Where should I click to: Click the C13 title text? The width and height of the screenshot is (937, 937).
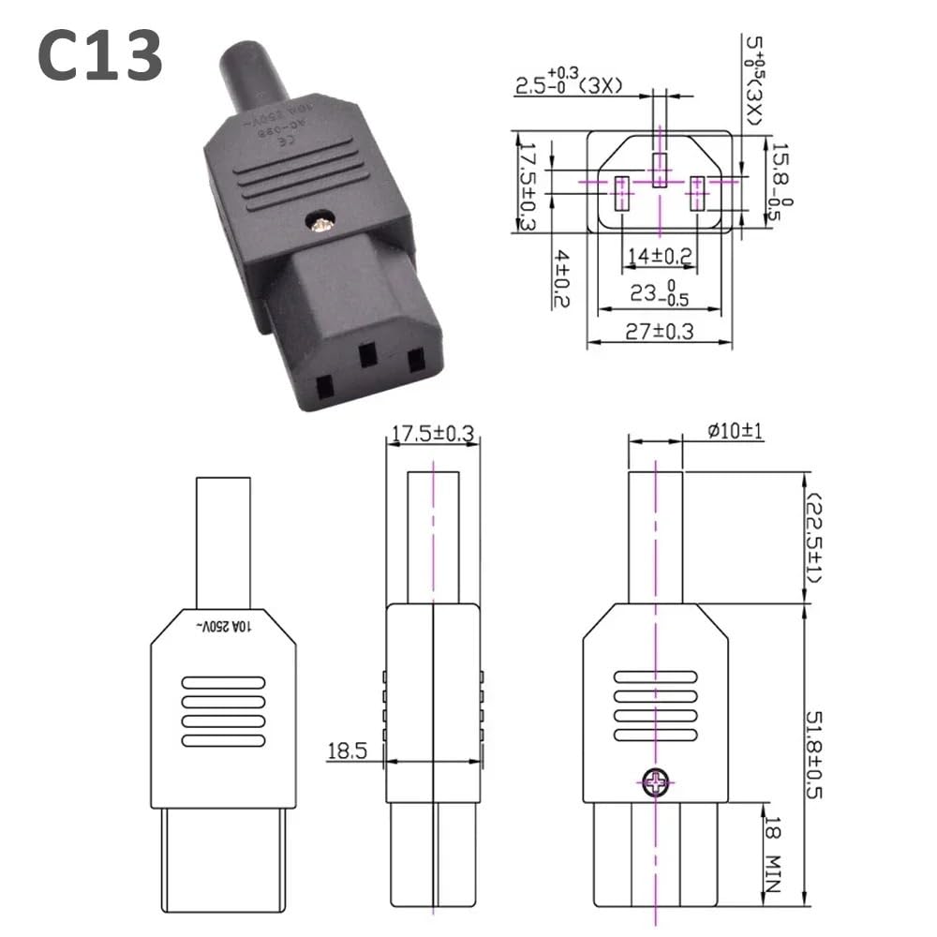click(100, 53)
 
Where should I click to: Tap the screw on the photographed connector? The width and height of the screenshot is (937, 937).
click(322, 223)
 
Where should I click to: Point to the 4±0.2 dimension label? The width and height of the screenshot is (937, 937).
click(562, 277)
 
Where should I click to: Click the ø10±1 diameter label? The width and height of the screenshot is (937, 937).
click(736, 431)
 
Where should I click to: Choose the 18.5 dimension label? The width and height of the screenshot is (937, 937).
click(345, 751)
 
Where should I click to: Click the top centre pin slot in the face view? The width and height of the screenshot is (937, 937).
click(661, 170)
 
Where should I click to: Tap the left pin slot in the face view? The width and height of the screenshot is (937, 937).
click(620, 195)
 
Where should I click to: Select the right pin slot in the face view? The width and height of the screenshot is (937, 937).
click(697, 195)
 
